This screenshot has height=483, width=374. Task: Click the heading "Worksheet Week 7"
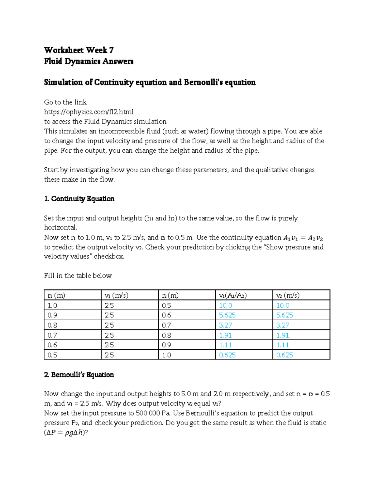click(x=79, y=50)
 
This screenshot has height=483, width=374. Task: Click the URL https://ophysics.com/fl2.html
click(x=89, y=112)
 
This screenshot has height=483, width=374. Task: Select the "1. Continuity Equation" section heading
click(x=79, y=199)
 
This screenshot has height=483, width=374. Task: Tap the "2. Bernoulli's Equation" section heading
click(x=79, y=375)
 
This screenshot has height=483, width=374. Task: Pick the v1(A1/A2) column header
click(x=233, y=295)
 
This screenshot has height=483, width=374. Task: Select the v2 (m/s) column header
click(x=288, y=295)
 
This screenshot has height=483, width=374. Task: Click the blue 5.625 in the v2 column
click(x=284, y=315)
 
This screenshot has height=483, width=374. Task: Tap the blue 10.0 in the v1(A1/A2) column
click(x=226, y=305)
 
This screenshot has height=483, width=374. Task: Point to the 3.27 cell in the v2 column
click(x=283, y=325)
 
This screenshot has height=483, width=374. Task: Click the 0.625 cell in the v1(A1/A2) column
click(x=227, y=355)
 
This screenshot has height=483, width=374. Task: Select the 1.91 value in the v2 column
click(x=282, y=335)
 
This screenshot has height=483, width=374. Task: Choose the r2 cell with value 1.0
click(x=166, y=355)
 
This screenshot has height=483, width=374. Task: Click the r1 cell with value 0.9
click(x=52, y=315)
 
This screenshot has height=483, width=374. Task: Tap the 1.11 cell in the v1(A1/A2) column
click(x=225, y=345)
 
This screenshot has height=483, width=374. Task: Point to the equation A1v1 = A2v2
click(x=303, y=238)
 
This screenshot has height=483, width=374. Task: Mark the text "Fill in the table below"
click(x=78, y=276)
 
